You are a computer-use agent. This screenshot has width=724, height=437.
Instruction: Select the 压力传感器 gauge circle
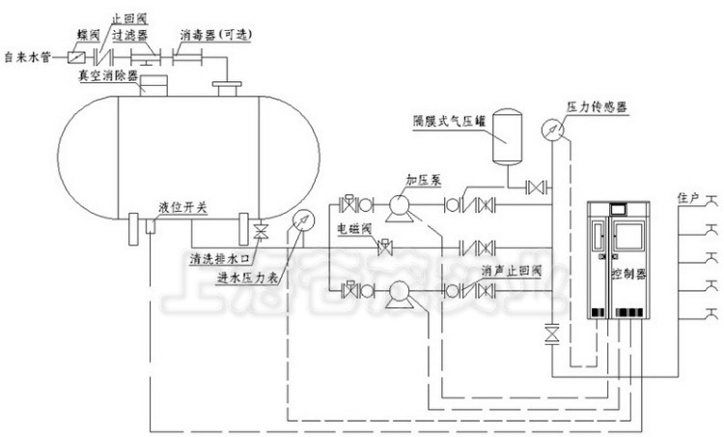pyautogui.click(x=551, y=129)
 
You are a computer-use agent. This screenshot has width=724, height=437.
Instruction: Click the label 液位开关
pyautogui.click(x=181, y=207)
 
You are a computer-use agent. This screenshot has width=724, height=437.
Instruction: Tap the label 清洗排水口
pyautogui.click(x=221, y=259)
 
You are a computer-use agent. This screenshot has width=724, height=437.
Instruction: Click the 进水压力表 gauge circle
pyautogui.click(x=300, y=220)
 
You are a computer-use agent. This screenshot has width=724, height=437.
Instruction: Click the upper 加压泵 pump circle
pyautogui.click(x=398, y=204)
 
